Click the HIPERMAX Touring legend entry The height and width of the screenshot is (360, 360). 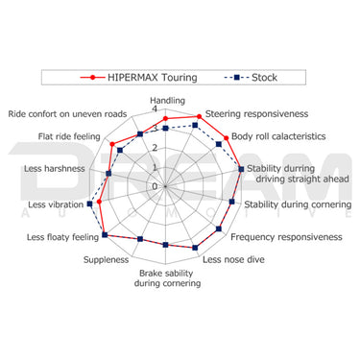click(x=138, y=78)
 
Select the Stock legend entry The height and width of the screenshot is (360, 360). click(x=251, y=78)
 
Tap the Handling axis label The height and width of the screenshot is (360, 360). click(x=168, y=101)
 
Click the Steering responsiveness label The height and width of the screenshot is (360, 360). click(x=256, y=114)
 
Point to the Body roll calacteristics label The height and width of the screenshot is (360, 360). click(x=278, y=136)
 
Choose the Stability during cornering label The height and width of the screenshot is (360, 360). click(x=298, y=204)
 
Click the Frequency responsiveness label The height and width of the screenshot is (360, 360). click(x=286, y=237)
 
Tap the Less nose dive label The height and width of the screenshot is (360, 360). click(x=233, y=259)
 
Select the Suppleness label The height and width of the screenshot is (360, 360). click(x=106, y=260)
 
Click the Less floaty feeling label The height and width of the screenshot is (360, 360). click(x=62, y=237)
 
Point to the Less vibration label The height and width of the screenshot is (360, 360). click(x=56, y=204)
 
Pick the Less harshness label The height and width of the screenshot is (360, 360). click(x=55, y=169)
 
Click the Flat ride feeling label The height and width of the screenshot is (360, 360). click(x=69, y=136)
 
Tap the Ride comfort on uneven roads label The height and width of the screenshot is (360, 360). click(x=67, y=114)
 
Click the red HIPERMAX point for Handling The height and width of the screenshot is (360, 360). click(x=165, y=119)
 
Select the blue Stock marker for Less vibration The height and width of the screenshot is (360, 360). click(x=90, y=204)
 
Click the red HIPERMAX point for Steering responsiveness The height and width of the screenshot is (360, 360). click(x=199, y=116)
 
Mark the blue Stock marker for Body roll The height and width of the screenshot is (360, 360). click(x=219, y=144)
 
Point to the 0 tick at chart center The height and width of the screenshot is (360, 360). click(x=155, y=186)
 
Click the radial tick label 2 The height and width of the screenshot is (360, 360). click(x=155, y=148)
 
